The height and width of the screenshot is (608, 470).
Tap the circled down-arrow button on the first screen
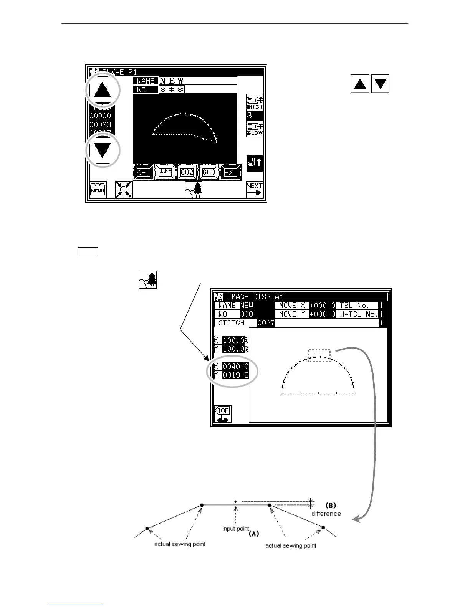point(102,150)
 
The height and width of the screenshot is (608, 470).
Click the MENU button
point(98,190)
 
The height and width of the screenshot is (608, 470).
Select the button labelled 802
point(187,172)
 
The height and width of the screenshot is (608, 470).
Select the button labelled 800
point(209,172)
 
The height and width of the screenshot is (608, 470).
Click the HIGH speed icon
point(254,102)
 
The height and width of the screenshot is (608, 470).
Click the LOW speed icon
point(254,129)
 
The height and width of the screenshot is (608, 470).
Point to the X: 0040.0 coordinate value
point(235,366)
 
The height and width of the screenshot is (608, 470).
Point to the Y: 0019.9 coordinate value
point(235,375)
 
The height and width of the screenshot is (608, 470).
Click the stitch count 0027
point(266,323)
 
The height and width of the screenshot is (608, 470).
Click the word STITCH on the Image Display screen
point(232,323)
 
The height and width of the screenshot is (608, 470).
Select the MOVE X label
point(292,306)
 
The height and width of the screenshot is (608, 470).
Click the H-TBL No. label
point(357,314)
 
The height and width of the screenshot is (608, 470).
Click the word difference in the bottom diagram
point(326,514)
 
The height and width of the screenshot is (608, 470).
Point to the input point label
point(236,529)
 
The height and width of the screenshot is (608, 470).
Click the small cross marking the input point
point(236,501)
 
